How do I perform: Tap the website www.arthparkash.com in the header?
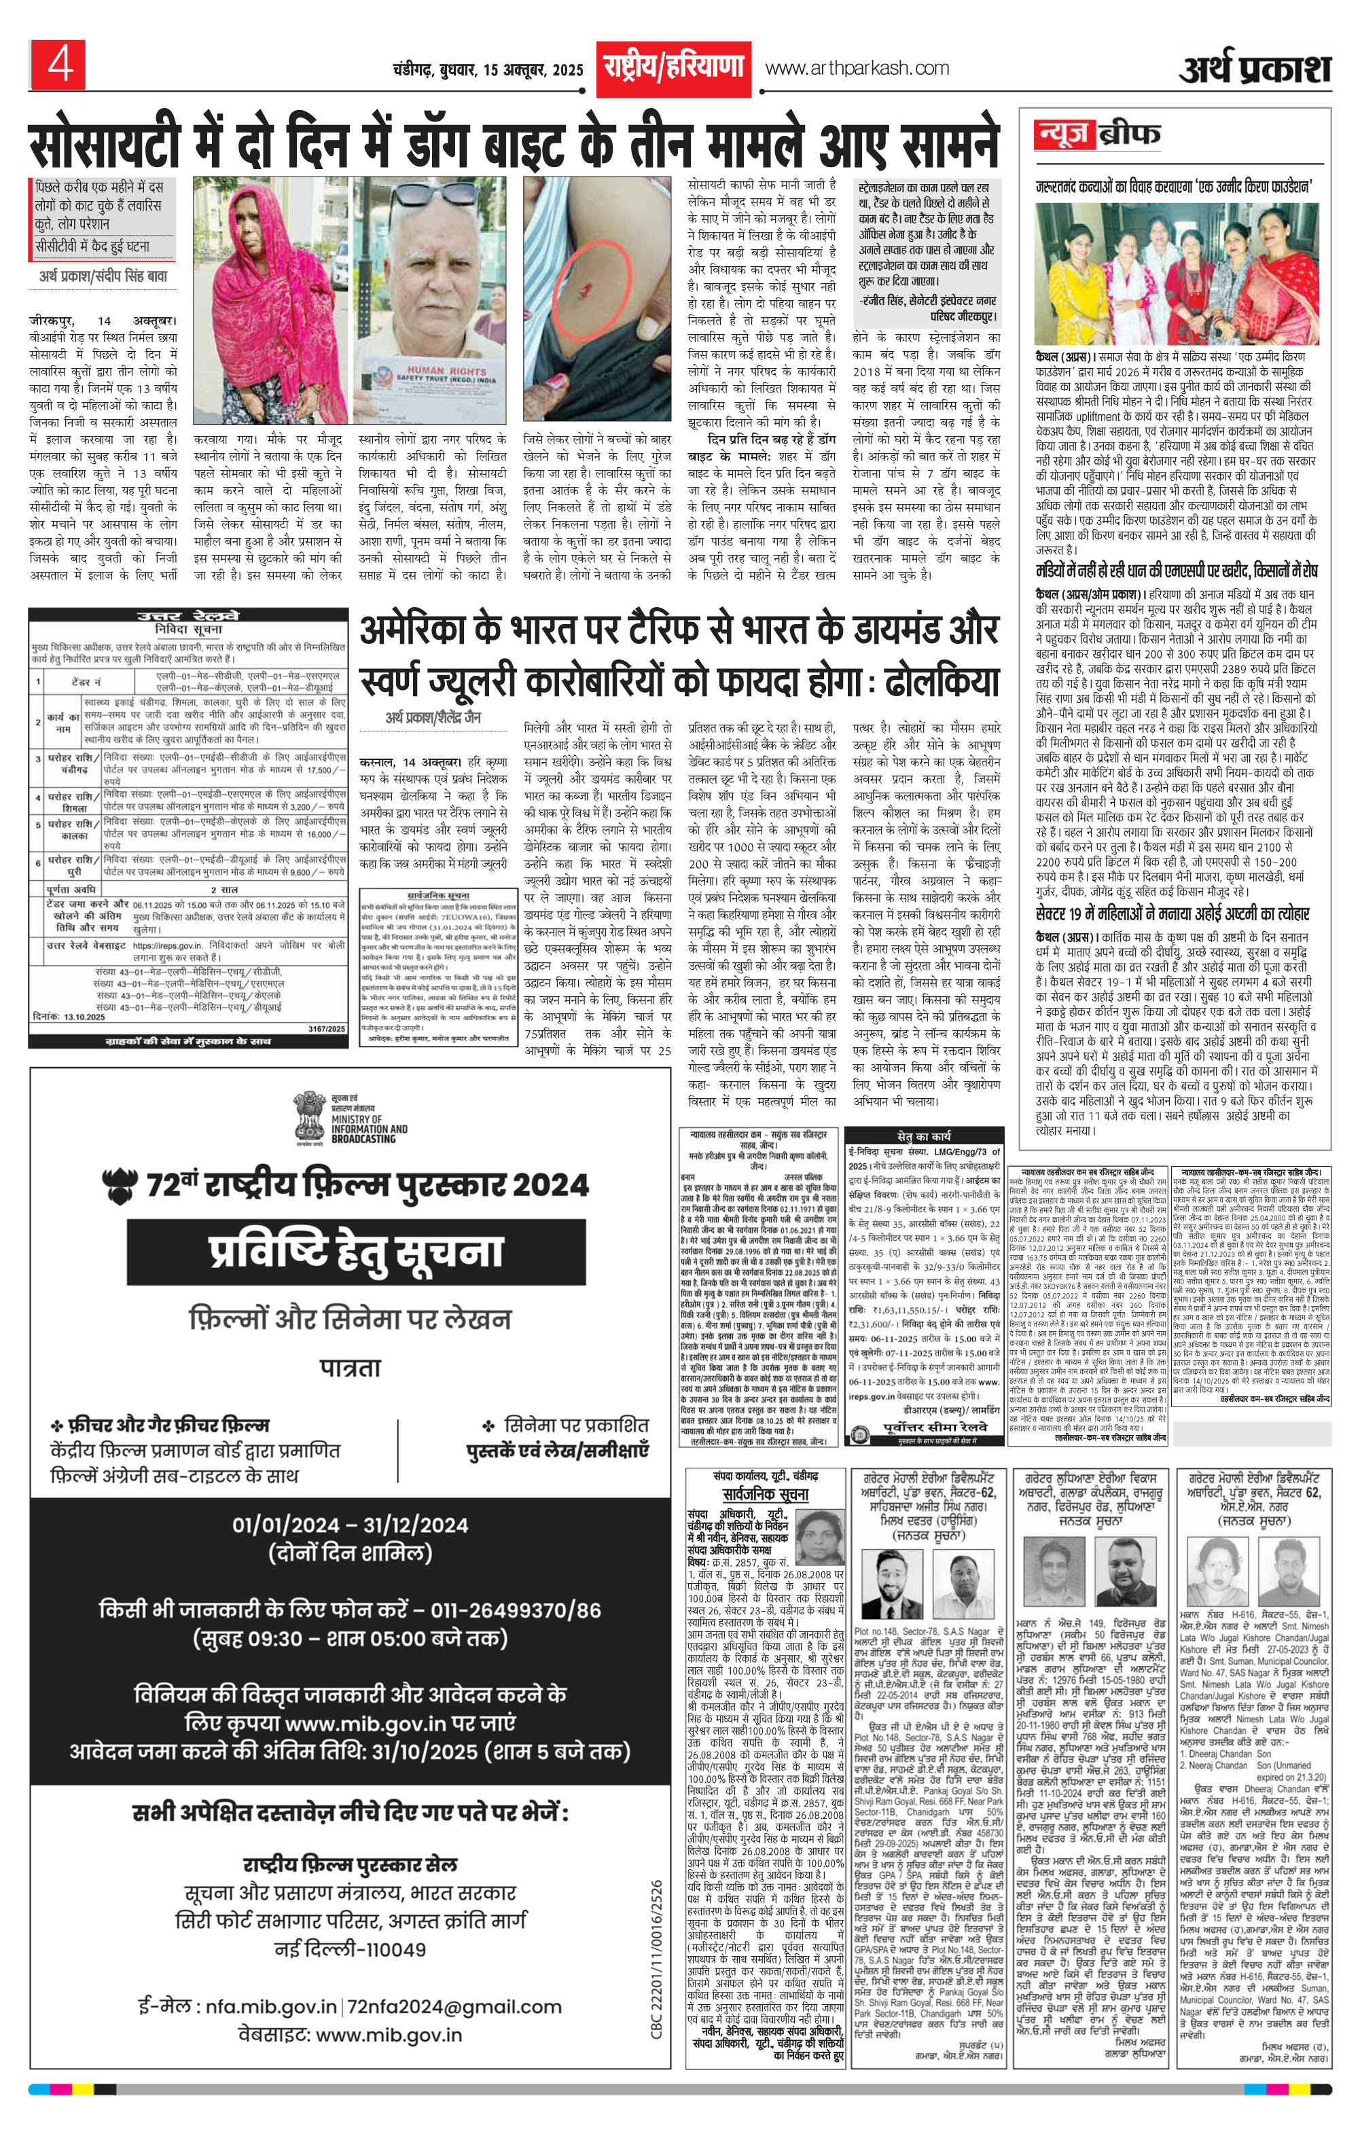(x=857, y=69)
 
